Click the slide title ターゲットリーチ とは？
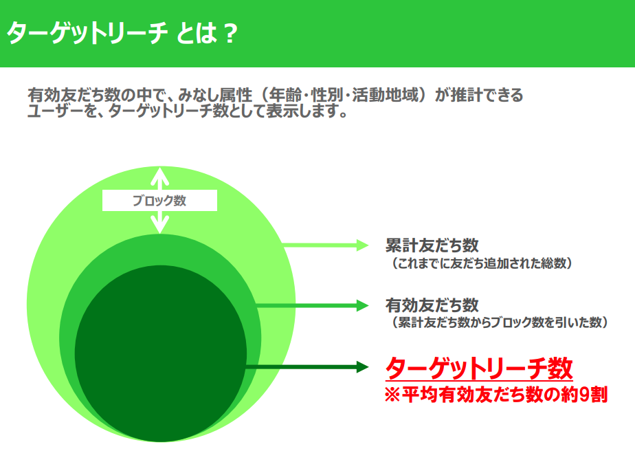122,33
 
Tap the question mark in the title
230,33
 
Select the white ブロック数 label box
159,200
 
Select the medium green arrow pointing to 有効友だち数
313,305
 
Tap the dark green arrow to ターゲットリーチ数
307,367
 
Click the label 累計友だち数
432,245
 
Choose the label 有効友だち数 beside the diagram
432,305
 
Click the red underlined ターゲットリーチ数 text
479,368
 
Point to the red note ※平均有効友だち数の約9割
496,395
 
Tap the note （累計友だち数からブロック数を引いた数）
497,322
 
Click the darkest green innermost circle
161,353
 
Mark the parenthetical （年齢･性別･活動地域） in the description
344,96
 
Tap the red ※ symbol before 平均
392,395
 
